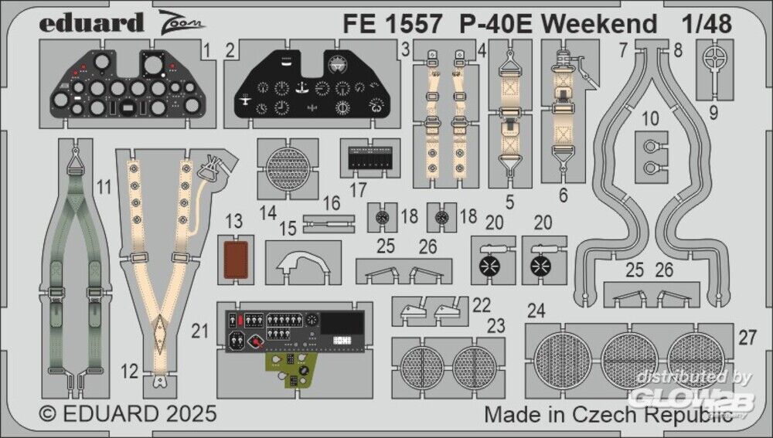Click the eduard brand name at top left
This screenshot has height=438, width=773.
91,24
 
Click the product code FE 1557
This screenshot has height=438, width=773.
392,24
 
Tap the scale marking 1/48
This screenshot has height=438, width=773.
707,24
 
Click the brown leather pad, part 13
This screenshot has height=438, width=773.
236,260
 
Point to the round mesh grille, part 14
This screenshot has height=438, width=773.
288,168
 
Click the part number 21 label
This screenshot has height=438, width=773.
199,331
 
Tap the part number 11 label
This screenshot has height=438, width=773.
104,187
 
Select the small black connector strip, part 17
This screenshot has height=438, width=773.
369,158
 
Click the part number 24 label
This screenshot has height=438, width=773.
536,311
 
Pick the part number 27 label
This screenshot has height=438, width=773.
747,338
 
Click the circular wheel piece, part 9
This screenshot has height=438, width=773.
713,60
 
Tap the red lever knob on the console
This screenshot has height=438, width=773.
256,341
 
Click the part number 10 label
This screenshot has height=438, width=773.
651,119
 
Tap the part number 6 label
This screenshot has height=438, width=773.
563,195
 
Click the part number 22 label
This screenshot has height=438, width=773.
481,305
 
